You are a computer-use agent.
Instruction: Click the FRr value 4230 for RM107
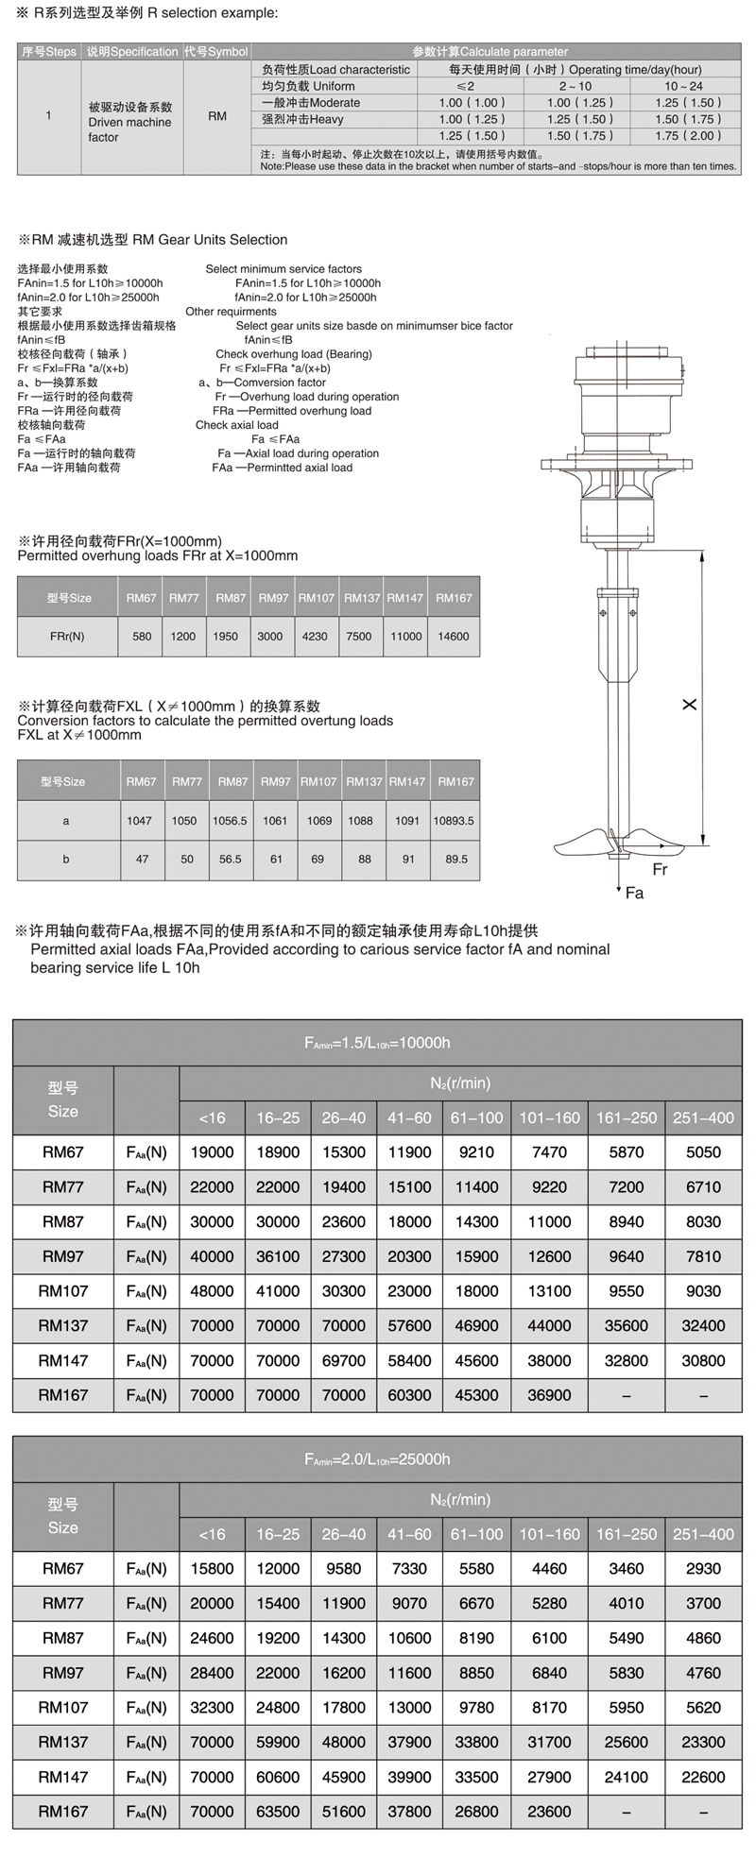(x=315, y=636)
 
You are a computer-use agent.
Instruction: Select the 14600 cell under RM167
(x=454, y=636)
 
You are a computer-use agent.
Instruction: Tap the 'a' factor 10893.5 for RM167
(x=454, y=821)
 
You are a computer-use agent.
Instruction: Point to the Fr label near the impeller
(x=660, y=869)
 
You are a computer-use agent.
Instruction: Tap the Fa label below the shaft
(x=634, y=893)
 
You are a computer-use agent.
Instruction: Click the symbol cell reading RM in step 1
(x=216, y=116)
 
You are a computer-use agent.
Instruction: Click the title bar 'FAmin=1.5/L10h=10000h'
(x=377, y=1043)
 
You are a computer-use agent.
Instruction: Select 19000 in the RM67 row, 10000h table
(x=212, y=1152)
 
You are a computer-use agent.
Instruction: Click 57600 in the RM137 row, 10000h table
(x=409, y=1326)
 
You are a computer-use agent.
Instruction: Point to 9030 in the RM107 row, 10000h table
(x=703, y=1291)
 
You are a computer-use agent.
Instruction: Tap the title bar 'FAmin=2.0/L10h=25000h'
(x=377, y=1459)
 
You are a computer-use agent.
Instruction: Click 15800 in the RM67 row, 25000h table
(x=212, y=1569)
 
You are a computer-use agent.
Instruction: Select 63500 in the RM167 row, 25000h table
(x=278, y=1812)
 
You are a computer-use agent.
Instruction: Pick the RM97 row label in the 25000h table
(x=63, y=1673)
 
